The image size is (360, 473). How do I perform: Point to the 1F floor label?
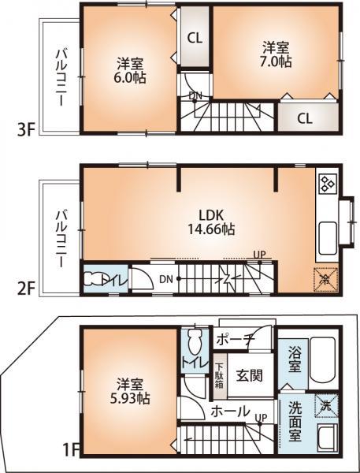[71, 451]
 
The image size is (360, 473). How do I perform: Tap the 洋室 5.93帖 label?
[130, 391]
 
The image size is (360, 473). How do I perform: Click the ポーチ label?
[235, 340]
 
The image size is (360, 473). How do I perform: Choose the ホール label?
[231, 411]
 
